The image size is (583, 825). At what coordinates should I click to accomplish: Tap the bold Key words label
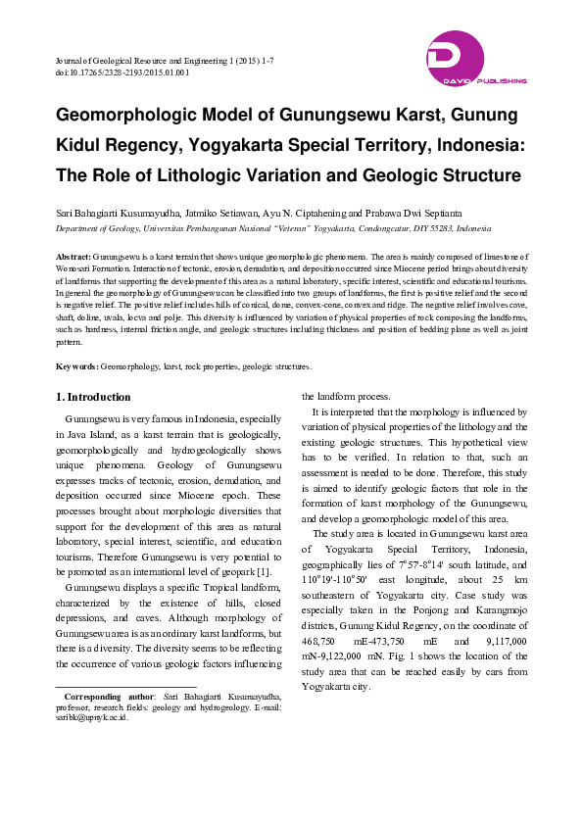(75, 365)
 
